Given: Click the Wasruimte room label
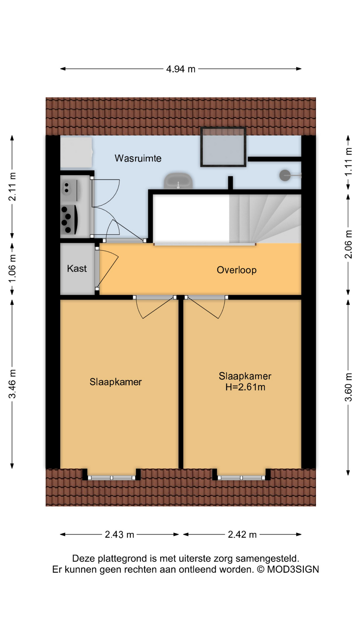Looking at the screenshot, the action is (x=138, y=158).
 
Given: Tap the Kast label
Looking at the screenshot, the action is (x=77, y=268).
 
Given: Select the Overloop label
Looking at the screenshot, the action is (x=237, y=270).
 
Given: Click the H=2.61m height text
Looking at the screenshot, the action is (x=245, y=387).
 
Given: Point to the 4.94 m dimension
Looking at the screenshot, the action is (x=181, y=69).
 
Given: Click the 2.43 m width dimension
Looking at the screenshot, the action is (x=119, y=535).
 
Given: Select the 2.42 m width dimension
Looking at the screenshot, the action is (x=242, y=535).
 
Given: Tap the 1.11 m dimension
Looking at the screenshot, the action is (x=348, y=162).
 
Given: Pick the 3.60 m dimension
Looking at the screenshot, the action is (x=348, y=387).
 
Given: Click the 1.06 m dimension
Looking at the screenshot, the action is (x=12, y=268).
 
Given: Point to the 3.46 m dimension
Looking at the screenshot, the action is (x=12, y=384).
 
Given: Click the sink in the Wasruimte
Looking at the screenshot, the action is (x=178, y=181).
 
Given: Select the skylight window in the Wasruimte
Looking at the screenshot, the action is (x=223, y=147).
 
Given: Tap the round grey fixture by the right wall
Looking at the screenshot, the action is (x=285, y=175).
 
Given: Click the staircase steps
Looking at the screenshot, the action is (x=265, y=219).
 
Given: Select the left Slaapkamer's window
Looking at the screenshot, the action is (x=112, y=478).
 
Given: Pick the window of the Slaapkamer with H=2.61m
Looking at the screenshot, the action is (x=242, y=478).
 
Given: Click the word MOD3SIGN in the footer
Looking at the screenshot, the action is (x=293, y=569).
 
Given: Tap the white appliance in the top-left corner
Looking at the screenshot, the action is (x=76, y=152).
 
